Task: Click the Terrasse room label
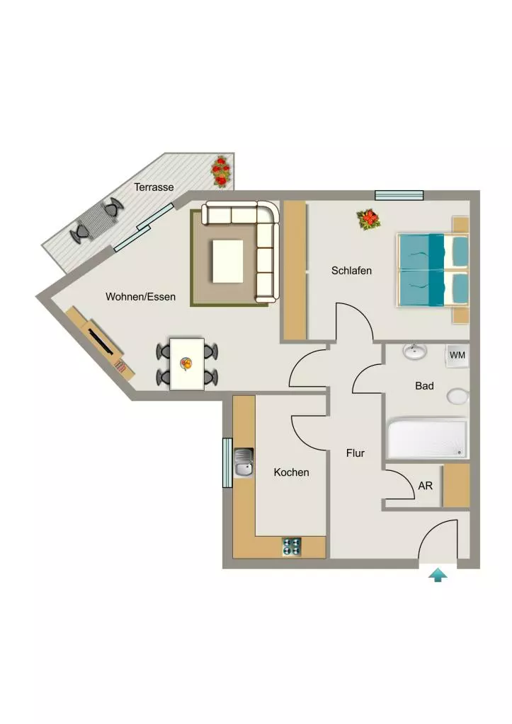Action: pos(154,187)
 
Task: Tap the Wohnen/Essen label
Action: pos(141,296)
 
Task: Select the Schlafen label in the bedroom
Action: pos(351,271)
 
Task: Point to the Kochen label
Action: pos(291,472)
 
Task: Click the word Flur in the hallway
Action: pos(355,453)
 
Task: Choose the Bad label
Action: pos(424,385)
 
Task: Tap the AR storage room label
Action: pos(425,486)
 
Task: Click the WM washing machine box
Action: pos(457,356)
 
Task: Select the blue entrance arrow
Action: pos(438,576)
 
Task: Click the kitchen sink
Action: pos(244,462)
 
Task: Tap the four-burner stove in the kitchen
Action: pos(291,547)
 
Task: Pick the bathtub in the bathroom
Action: pos(427,438)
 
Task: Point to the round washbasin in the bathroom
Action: pos(414,352)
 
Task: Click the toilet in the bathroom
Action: pos(458,396)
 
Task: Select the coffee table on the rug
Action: pos(228,262)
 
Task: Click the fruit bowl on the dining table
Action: pos(186,364)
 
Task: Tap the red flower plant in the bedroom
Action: pos(369,219)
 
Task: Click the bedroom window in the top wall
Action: pos(399,195)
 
